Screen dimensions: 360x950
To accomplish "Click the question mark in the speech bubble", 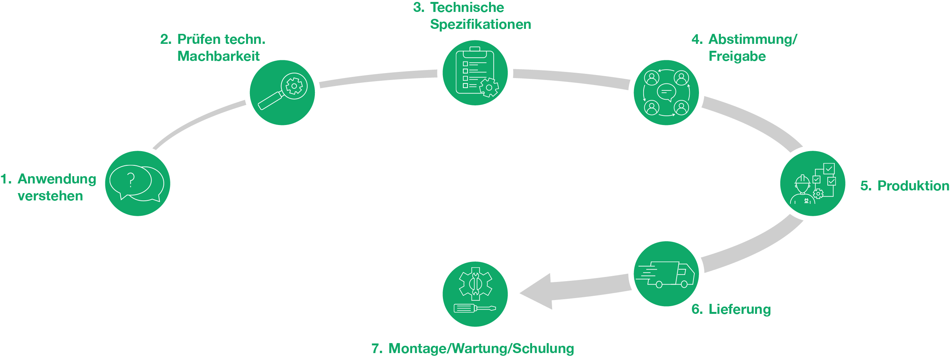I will (131, 180).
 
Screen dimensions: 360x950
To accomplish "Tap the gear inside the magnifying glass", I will (294, 86).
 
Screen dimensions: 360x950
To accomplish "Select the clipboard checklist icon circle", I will (475, 73).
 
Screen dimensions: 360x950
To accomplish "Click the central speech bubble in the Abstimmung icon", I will (666, 92).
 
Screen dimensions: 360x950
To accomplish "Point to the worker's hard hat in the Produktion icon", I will (802, 180).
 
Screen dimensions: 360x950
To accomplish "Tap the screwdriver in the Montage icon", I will (475, 308).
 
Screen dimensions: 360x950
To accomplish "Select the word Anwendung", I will (57, 179).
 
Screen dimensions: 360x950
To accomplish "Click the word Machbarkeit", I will (218, 56).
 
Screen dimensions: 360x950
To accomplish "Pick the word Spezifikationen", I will (481, 24).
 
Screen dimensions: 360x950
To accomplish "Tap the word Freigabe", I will (737, 57).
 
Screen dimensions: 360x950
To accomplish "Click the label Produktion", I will (913, 186).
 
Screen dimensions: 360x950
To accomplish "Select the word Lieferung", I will (740, 309).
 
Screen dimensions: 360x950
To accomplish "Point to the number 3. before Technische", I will (418, 7).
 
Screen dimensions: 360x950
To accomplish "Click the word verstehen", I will (50, 196).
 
